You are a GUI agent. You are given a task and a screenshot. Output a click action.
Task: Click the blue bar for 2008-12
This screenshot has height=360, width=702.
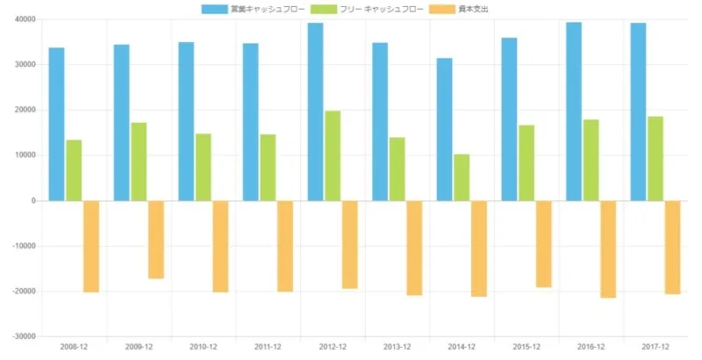coord(56,124)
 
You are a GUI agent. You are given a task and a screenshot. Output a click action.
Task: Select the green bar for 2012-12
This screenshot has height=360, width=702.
coord(333,155)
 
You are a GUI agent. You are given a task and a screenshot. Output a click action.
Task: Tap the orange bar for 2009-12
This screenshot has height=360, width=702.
coord(156,240)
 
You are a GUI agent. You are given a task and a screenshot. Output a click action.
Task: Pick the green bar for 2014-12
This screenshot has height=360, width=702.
coord(462,177)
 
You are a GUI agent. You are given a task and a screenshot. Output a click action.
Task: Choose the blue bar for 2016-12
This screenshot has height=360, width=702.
coord(574,112)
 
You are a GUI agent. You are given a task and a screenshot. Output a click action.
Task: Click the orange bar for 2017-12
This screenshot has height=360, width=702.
coord(672,247)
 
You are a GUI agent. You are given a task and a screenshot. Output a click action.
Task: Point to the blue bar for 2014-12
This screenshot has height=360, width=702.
coord(445,129)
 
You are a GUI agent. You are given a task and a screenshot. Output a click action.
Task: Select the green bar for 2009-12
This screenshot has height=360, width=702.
coord(139,162)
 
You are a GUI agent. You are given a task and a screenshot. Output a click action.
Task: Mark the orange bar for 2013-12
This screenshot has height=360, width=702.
coord(414,248)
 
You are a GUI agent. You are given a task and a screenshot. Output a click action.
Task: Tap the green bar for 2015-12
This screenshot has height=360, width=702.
coord(526,163)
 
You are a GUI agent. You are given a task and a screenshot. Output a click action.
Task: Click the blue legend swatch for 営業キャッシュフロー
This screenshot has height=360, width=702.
coord(214,9)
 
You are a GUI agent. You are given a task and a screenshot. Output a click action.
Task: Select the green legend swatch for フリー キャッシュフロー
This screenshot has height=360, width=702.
coord(324,9)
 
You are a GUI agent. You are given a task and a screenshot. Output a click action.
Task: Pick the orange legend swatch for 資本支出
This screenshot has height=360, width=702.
coord(442,9)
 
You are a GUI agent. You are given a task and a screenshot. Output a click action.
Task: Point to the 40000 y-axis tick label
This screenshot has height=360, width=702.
coord(25,19)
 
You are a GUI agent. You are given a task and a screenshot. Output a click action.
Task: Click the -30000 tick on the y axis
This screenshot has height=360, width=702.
coord(25,336)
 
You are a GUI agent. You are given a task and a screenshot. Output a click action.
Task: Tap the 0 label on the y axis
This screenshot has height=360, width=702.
coord(33,200)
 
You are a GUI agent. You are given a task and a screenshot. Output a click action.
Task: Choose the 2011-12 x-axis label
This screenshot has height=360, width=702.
coord(268,347)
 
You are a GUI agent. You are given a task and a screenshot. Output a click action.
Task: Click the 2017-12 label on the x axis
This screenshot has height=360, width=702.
coord(655,347)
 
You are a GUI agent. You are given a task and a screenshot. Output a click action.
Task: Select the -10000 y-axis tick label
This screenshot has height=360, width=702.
coord(25,246)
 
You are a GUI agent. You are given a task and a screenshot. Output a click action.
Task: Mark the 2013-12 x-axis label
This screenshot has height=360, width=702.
coord(398,347)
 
